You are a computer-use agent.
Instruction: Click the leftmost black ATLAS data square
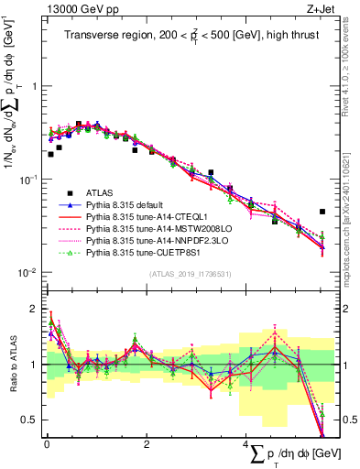[x=50, y=154]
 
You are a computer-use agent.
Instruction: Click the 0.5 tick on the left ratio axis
[x=32, y=420]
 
